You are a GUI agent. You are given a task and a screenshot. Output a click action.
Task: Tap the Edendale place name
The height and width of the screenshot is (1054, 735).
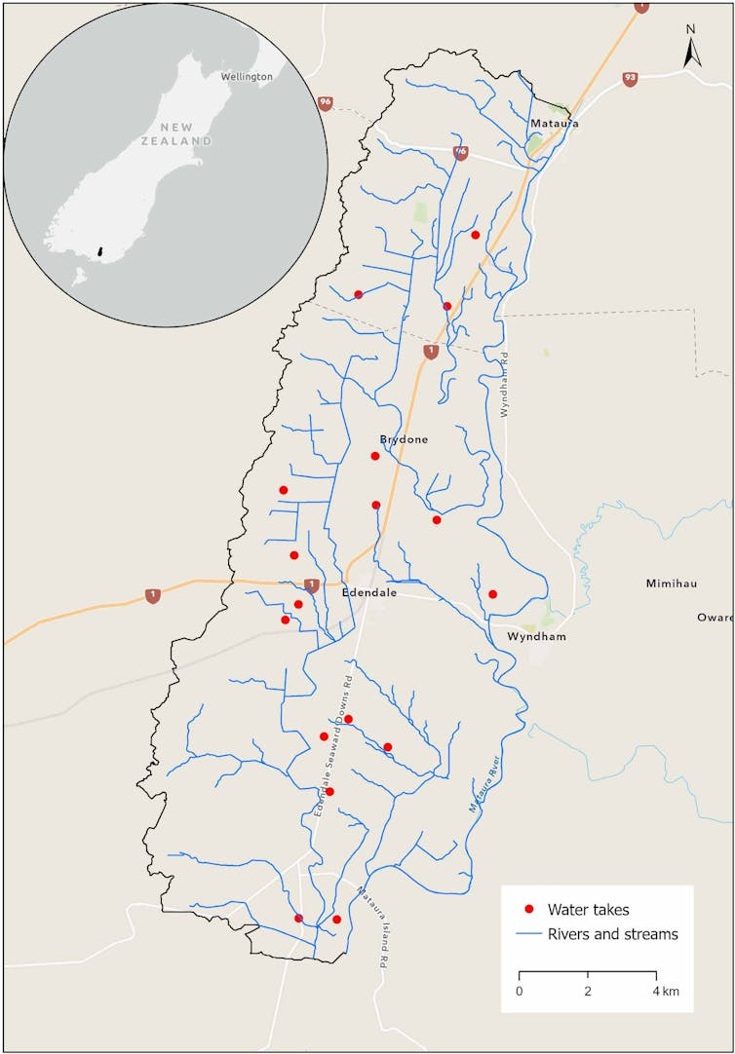(369, 591)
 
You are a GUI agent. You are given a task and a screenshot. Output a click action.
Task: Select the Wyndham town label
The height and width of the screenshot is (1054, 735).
(536, 636)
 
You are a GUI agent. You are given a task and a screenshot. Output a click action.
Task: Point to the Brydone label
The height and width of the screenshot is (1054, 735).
(404, 439)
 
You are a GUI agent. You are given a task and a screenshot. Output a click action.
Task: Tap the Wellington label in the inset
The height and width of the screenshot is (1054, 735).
(247, 76)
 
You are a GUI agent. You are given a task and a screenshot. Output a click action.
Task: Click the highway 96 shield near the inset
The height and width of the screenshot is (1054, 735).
(326, 102)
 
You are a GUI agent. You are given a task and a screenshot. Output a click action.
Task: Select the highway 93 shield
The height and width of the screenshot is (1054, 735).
(630, 79)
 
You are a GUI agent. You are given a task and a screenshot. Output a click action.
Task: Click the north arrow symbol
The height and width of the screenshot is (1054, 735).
(691, 50)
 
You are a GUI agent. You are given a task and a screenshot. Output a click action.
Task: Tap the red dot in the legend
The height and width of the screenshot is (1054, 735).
(528, 910)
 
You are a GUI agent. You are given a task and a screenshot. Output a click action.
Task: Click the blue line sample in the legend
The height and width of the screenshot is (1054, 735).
(528, 934)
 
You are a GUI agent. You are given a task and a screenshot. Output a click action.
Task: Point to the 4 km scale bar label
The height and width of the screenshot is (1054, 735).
(665, 991)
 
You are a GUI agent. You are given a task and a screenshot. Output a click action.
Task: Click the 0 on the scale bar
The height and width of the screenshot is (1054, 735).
(519, 991)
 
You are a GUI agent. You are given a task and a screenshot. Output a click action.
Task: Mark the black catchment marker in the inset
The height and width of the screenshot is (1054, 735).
(101, 253)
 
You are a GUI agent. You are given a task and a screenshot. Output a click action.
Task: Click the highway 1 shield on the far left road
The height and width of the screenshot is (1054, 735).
(152, 595)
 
